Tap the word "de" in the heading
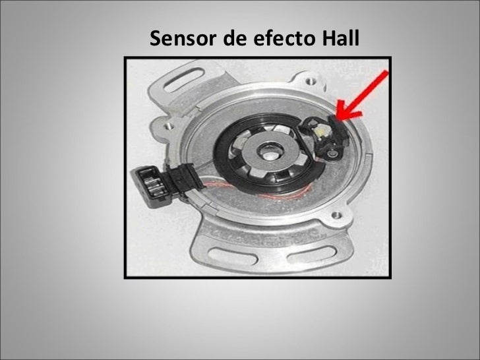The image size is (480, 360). [x=233, y=40]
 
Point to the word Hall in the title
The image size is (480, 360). [x=338, y=40]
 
